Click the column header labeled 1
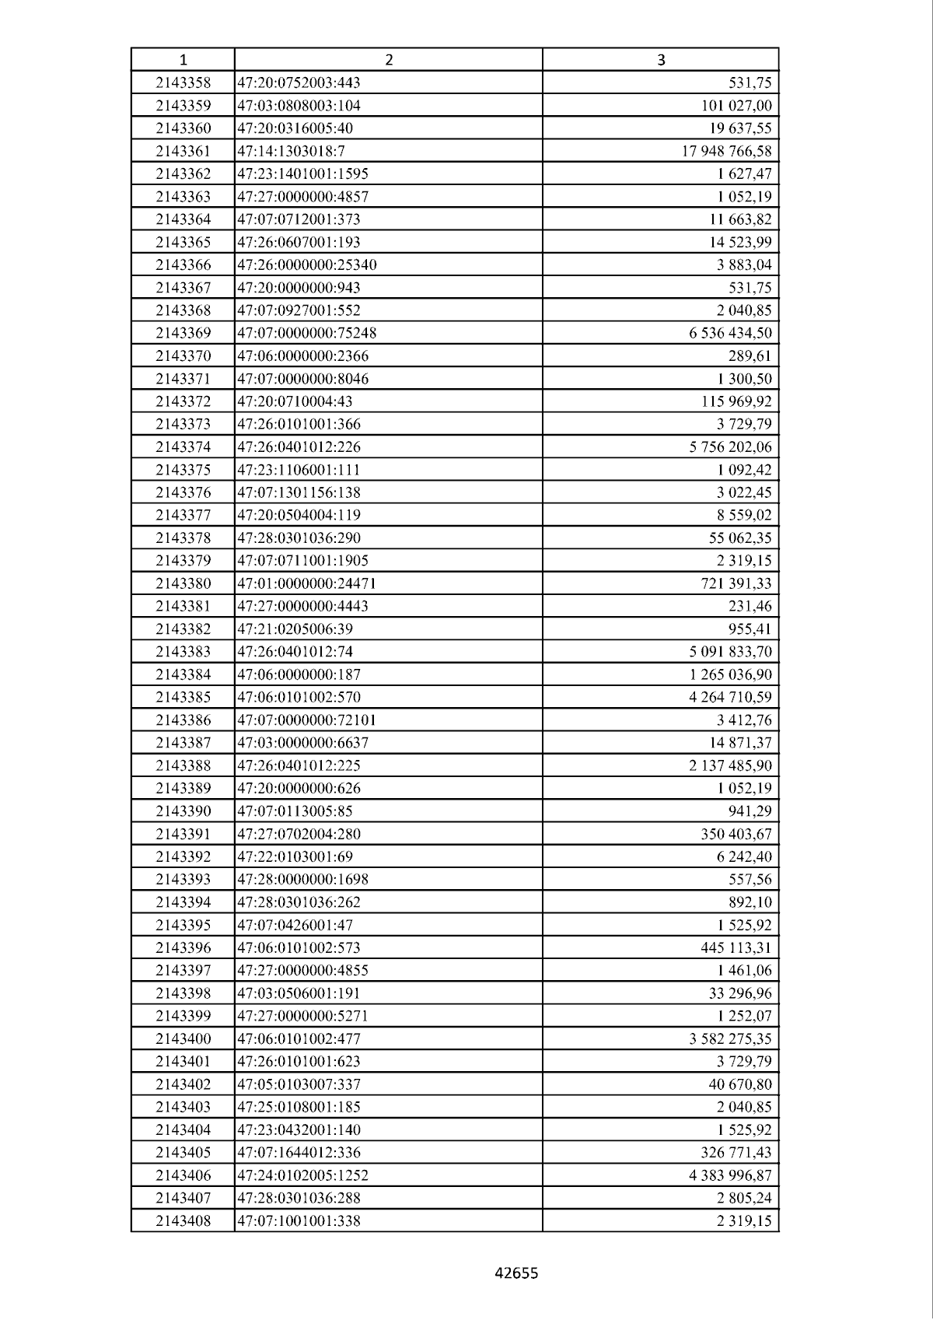coord(183,60)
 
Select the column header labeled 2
coord(389,60)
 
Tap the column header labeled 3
coord(661,60)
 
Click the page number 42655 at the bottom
coord(516,1273)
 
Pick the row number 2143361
coord(183,151)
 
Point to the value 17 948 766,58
coord(727,151)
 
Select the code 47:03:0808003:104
coord(299,106)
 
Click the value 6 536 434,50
coord(730,333)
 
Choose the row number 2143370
coord(183,355)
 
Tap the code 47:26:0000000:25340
coord(306,264)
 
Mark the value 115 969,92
coord(736,401)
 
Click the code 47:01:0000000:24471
coord(306,583)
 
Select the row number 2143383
coord(183,652)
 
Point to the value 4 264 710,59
coord(730,697)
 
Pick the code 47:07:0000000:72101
coord(306,720)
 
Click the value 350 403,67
coord(736,834)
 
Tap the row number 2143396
coord(183,947)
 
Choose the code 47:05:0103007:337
coord(299,1084)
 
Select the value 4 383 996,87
coord(730,1175)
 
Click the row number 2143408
coord(183,1220)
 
